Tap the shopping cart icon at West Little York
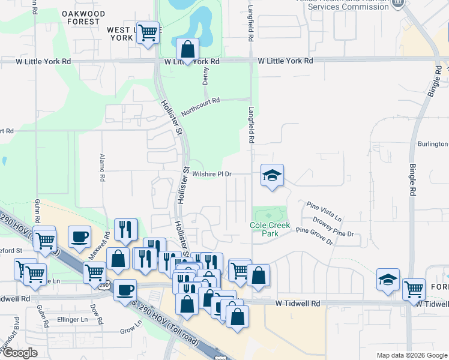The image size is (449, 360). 148,32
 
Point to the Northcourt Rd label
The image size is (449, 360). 201,106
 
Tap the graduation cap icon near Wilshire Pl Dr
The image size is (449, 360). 272,175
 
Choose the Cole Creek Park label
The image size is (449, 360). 270,229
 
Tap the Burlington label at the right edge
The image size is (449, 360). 433,144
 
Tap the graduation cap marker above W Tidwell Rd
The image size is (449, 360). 388,280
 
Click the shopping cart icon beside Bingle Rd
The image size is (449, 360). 414,289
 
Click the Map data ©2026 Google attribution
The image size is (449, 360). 412,355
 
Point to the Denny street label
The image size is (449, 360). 205,75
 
